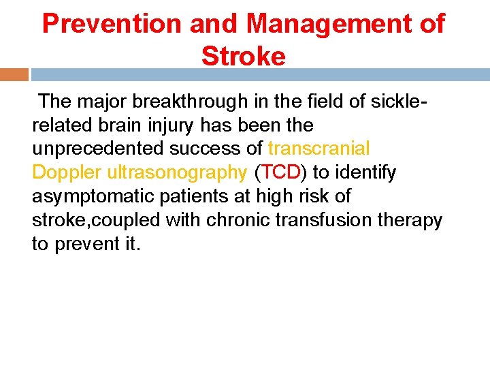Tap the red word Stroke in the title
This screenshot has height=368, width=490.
(x=244, y=57)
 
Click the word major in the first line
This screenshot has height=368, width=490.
(x=98, y=102)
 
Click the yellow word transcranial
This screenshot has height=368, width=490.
(x=319, y=149)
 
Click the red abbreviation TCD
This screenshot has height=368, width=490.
(x=280, y=173)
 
